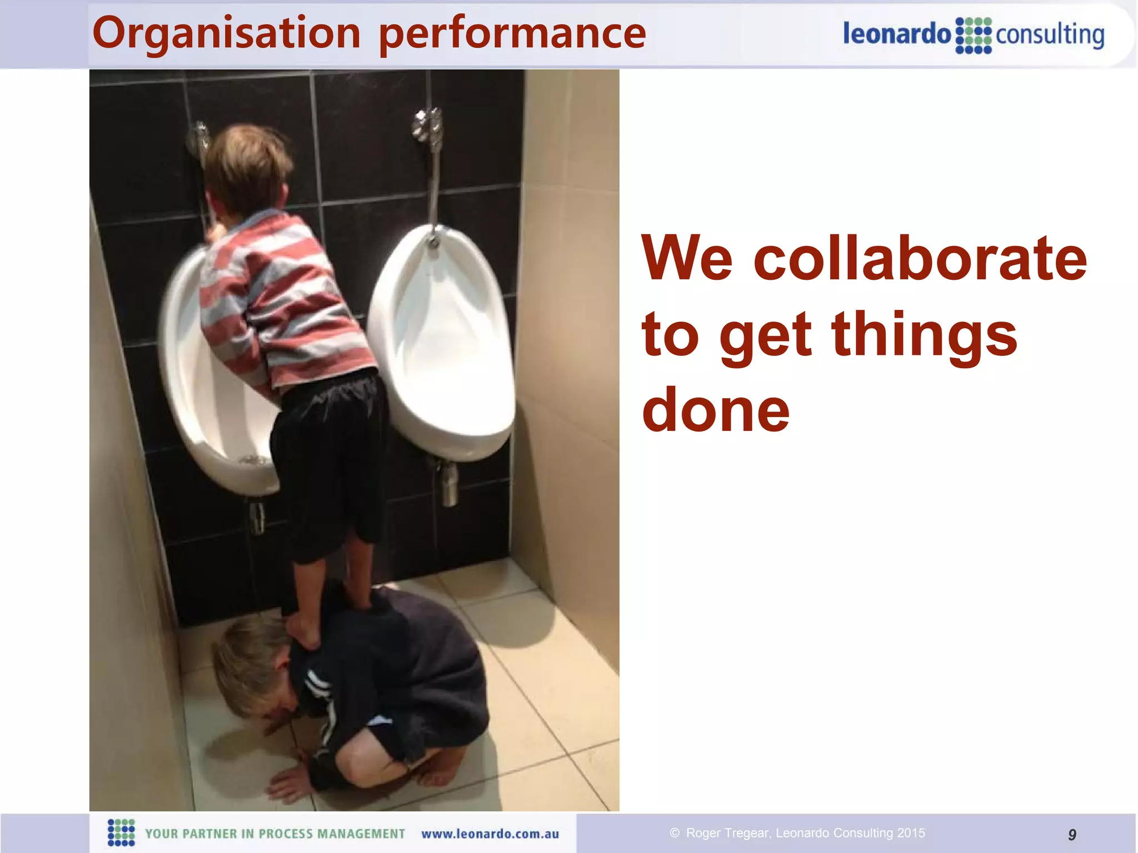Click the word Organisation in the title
click(x=227, y=33)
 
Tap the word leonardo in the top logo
click(x=897, y=34)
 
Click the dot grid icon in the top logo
click(x=974, y=36)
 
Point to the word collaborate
click(x=920, y=258)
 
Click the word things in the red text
click(x=924, y=334)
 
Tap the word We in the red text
click(x=687, y=258)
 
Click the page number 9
click(x=1072, y=834)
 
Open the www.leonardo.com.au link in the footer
click(x=490, y=834)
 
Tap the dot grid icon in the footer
click(x=121, y=832)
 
